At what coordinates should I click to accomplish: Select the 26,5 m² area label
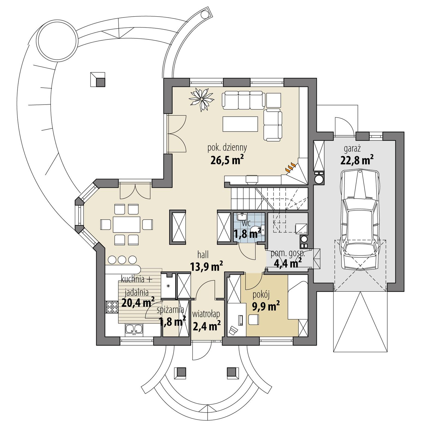coord(227,160)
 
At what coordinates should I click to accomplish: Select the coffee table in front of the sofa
coord(240,124)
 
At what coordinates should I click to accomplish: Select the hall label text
coord(203,255)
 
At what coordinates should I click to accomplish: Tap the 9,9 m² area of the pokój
coord(266,307)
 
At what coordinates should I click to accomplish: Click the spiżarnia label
coord(170,310)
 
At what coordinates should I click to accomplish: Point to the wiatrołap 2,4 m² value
coord(207,325)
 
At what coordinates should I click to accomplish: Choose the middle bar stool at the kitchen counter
coord(122,259)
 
